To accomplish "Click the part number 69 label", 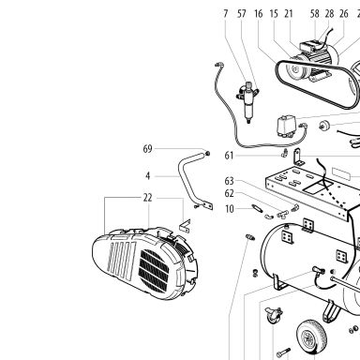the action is [147, 149].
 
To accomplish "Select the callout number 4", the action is [148, 176].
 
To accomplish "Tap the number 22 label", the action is [147, 198].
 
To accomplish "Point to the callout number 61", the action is [229, 156].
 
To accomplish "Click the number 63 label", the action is [229, 181].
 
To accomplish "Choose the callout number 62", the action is [229, 193].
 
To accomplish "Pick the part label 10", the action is [230, 209].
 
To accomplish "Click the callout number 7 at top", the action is [226, 14].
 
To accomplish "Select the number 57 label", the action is [242, 14].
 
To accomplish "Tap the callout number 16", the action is [259, 14].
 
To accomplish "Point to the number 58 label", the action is [315, 14].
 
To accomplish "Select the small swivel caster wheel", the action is [273, 316].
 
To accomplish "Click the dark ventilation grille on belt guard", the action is [154, 271].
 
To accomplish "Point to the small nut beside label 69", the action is [207, 154].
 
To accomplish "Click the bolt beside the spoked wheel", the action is [283, 352].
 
